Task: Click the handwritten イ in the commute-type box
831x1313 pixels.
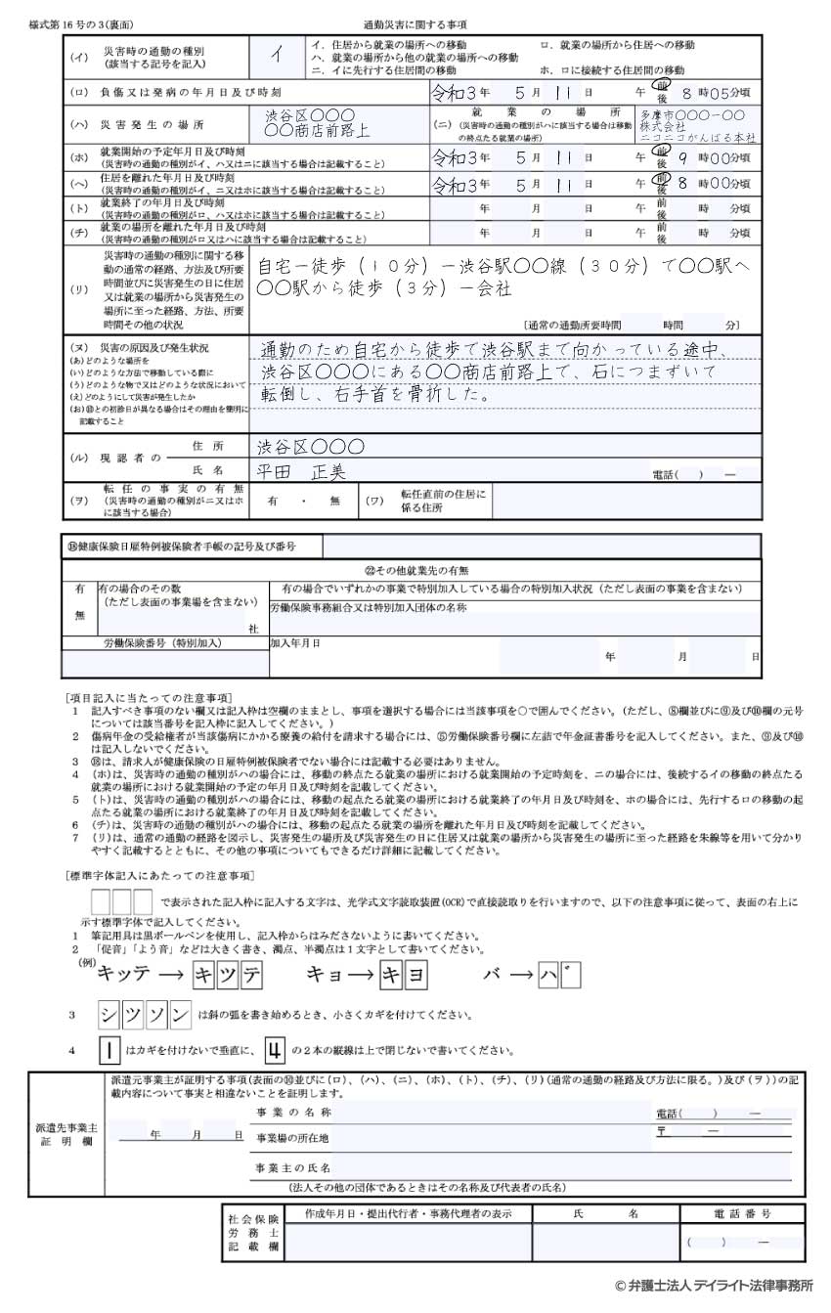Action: [277, 56]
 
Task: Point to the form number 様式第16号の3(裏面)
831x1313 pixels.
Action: [80, 22]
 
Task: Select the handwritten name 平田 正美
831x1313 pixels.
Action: [301, 472]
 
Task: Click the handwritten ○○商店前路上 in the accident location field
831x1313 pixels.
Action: [317, 130]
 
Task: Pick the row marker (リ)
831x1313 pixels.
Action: [78, 290]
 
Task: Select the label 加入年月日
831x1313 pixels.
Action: [295, 644]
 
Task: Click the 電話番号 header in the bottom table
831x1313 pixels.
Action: [742, 1213]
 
